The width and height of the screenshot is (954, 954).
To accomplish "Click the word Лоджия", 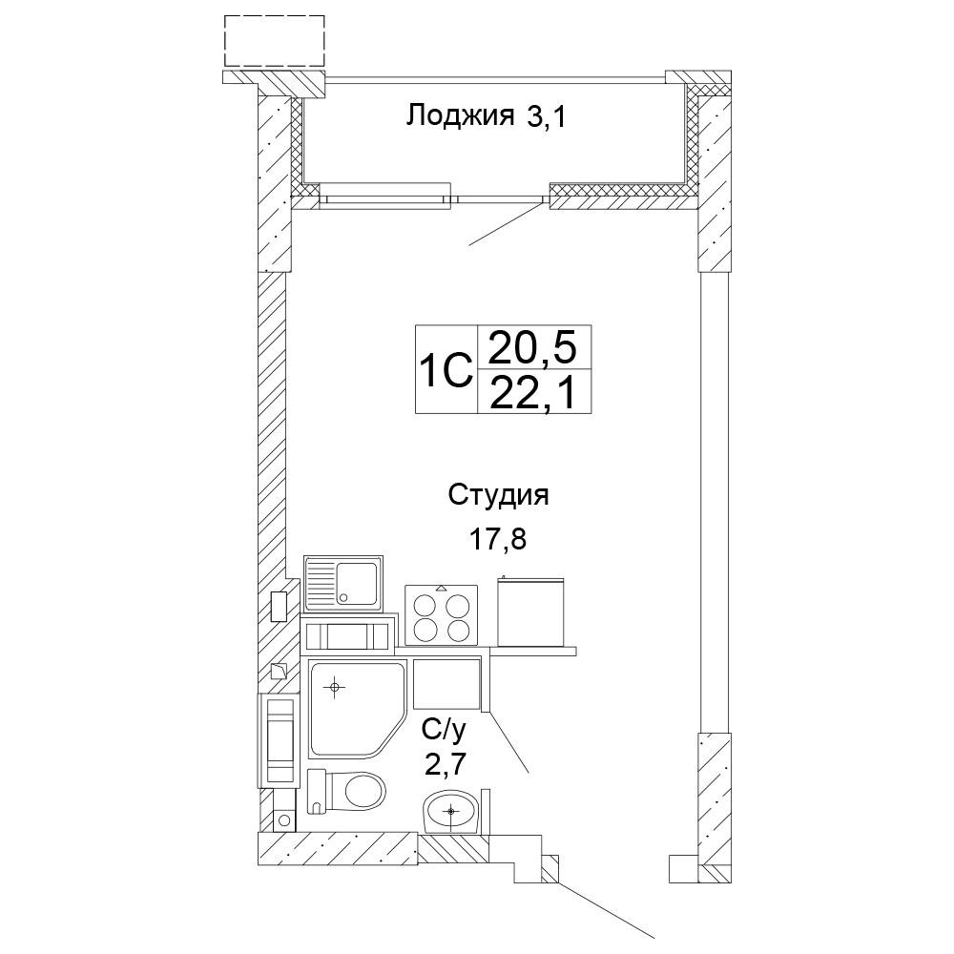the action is (460, 115).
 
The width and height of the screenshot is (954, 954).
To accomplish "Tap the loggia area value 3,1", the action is (547, 116).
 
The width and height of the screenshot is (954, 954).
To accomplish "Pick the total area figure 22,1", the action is (532, 393).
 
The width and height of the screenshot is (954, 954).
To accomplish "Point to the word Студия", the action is (498, 496).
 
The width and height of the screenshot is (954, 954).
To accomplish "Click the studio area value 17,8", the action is (497, 538).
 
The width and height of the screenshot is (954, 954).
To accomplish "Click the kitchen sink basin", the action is (357, 582).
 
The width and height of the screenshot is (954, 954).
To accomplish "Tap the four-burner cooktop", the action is (441, 614).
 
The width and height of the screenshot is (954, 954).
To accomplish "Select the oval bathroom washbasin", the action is (451, 812).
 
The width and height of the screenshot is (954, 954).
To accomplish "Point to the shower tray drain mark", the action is (333, 688).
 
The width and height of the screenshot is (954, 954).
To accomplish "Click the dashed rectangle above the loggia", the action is (275, 41).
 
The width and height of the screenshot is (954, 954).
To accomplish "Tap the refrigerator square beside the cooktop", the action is (530, 612).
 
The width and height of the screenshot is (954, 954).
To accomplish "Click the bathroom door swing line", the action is (508, 742).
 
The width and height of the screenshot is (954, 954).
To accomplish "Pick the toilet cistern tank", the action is (317, 792).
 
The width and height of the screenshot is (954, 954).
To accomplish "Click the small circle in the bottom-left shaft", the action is (283, 820).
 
